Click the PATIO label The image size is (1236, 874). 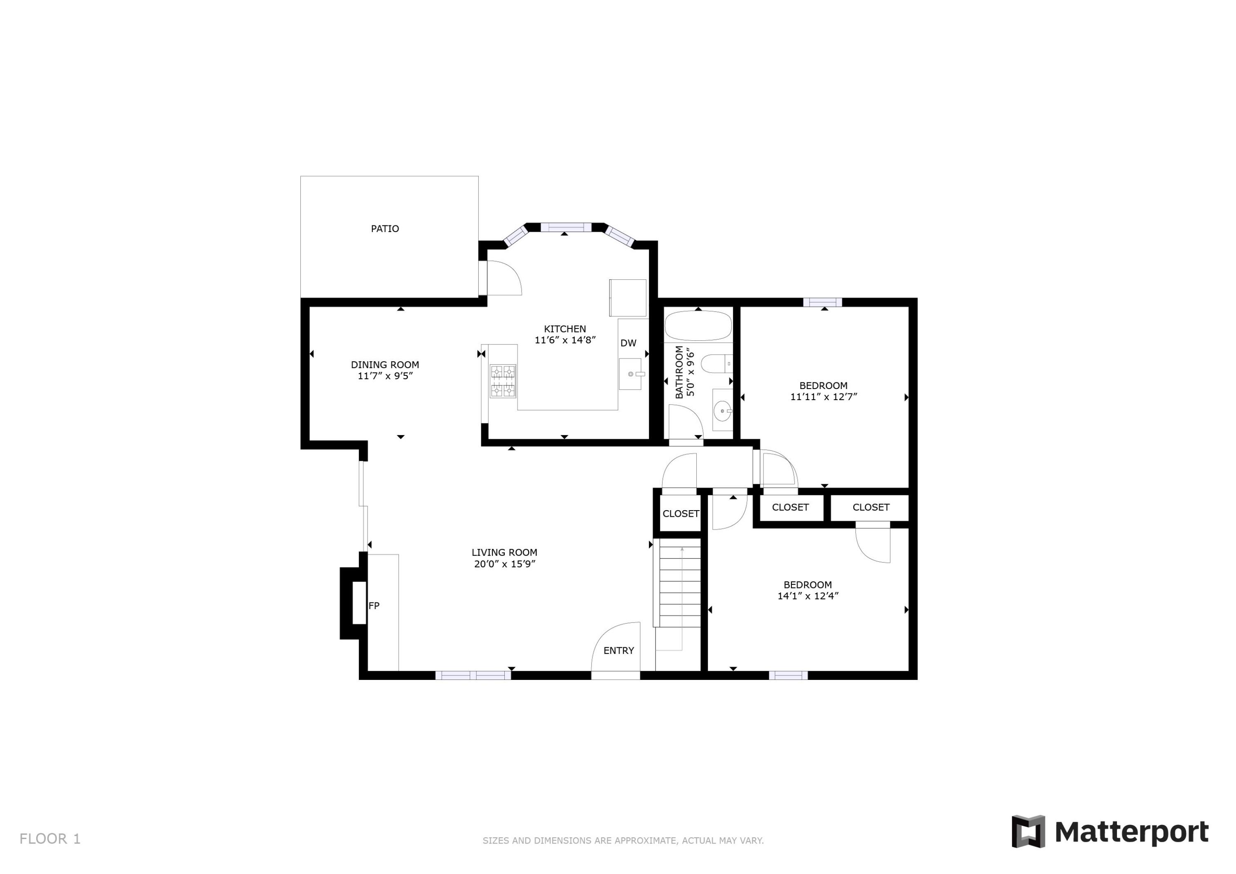tap(385, 229)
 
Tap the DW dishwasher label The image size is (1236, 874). tap(628, 343)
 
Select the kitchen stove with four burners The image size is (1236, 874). tap(503, 381)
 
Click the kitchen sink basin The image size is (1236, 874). tap(630, 374)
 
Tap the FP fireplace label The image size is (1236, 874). tap(374, 606)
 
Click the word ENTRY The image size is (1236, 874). tap(618, 651)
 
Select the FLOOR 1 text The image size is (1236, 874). tap(50, 839)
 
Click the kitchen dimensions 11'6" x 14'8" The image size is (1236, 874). tap(565, 340)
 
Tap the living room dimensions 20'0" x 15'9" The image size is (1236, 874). tap(504, 564)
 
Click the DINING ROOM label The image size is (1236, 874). tap(385, 365)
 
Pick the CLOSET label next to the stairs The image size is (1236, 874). tap(681, 514)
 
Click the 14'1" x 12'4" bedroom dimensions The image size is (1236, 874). tap(808, 596)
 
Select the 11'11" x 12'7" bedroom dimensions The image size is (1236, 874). tap(823, 397)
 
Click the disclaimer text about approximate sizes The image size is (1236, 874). tap(623, 841)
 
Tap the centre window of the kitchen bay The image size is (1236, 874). tap(566, 227)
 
